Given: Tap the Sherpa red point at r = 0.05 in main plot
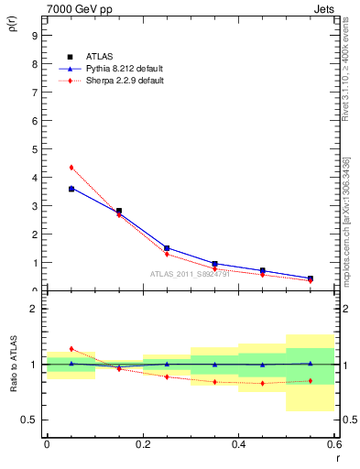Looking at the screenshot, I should pos(71,168).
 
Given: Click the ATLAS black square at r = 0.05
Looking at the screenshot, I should pos(71,189).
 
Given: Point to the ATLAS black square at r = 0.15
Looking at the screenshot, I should pos(119,211).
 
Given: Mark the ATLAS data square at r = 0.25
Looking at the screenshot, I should pos(167,248).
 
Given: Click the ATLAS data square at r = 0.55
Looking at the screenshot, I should pos(311,278).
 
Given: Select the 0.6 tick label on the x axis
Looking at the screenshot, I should pos(333,443).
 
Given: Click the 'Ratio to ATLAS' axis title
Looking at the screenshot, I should pos(13,365).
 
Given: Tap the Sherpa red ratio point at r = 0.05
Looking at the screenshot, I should pos(71,349).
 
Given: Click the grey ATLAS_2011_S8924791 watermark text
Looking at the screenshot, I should pos(191,273).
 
